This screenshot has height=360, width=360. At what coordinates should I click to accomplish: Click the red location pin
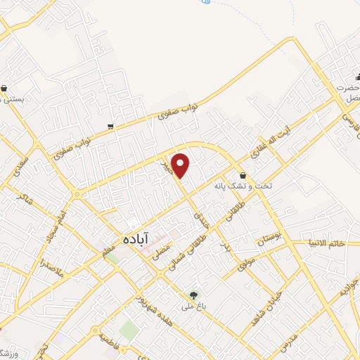[181, 165]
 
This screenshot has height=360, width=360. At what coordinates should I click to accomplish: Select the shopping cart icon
[111, 127]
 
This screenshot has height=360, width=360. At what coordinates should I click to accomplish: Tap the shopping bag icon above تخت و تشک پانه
[243, 176]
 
